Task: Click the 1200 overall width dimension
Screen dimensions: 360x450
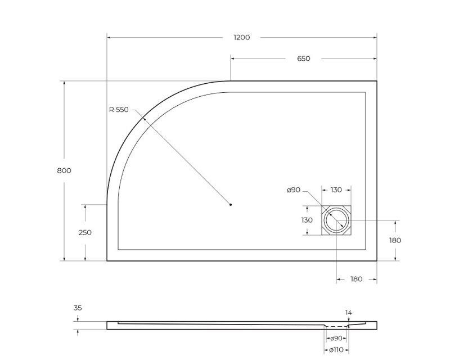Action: (242, 38)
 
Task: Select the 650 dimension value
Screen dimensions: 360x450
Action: (304, 58)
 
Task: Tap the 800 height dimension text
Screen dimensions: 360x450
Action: (64, 170)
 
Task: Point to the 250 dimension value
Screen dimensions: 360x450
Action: (84, 232)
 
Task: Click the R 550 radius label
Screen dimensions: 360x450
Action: (119, 110)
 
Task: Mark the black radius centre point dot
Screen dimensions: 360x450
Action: (231, 204)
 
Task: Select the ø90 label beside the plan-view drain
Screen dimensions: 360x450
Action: (293, 190)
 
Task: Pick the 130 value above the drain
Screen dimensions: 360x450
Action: (336, 190)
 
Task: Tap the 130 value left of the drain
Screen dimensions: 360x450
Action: (307, 220)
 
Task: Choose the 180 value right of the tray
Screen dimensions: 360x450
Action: (395, 240)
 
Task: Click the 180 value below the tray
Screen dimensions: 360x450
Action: (357, 279)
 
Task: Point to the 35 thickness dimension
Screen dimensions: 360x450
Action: (78, 308)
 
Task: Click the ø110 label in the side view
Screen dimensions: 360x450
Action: (336, 350)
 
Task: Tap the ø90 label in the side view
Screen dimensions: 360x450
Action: (336, 338)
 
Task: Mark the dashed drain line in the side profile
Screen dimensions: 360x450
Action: (337, 326)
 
